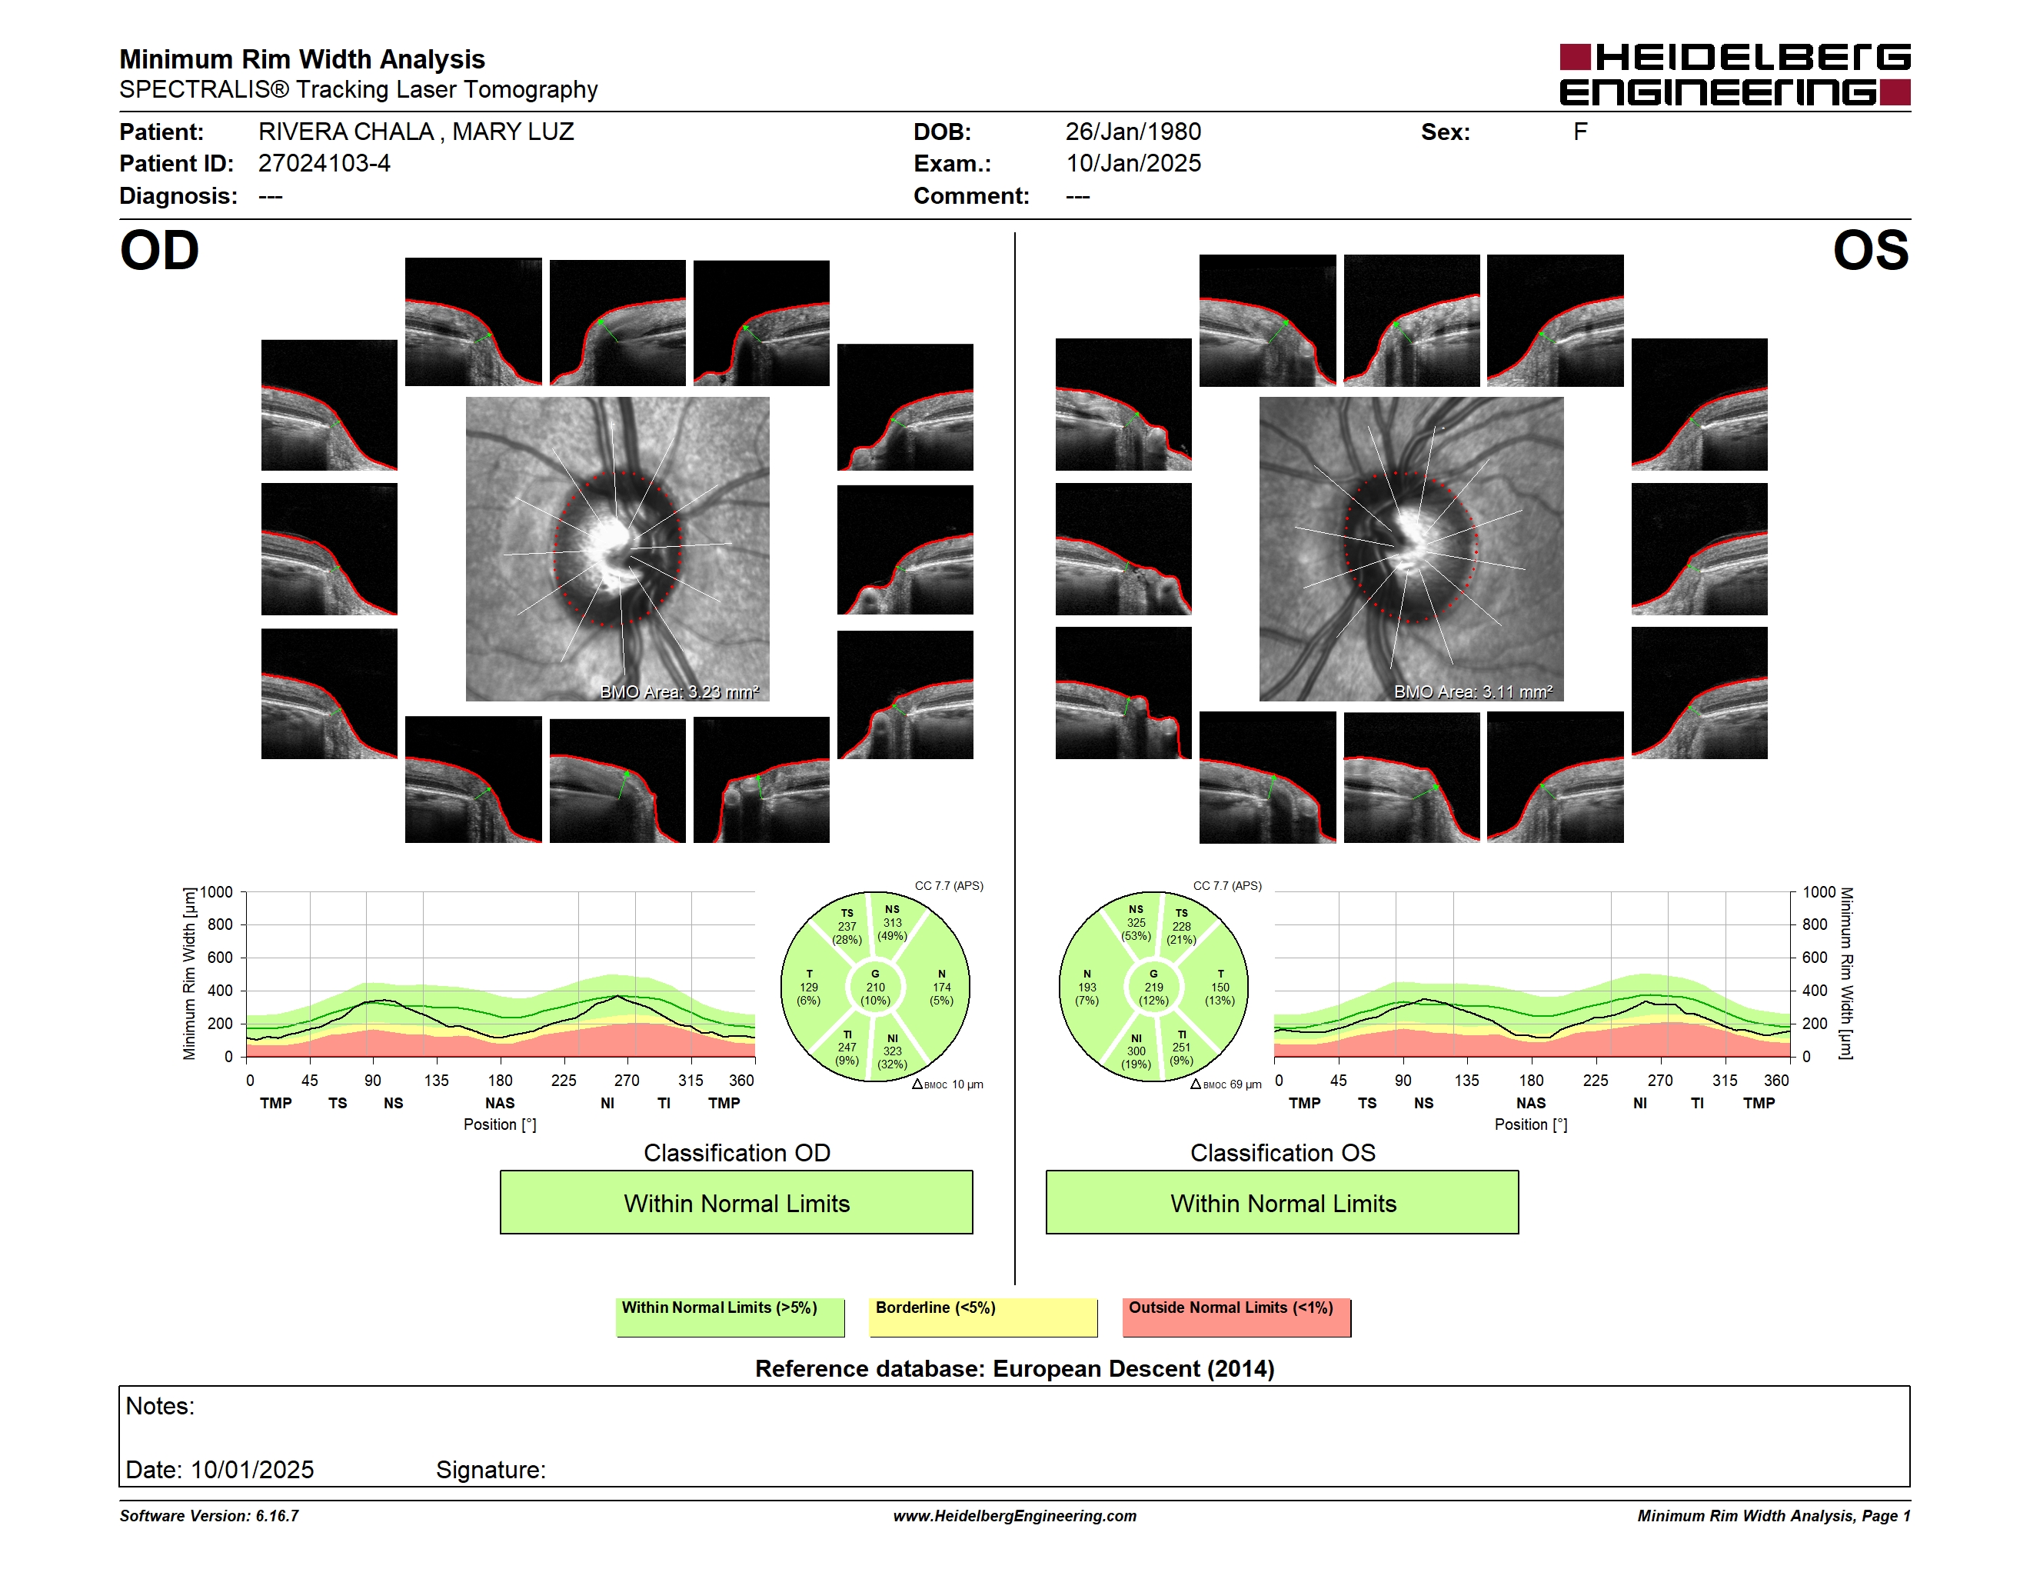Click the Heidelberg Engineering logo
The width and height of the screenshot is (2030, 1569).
pos(1735,75)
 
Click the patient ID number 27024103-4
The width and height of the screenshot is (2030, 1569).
pos(324,164)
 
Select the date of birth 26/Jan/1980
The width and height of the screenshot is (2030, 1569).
pos(1133,132)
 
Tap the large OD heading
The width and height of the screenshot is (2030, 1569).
pos(160,251)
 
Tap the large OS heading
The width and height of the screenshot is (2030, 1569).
pos(1870,251)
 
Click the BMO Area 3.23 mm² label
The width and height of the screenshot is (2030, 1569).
pos(680,691)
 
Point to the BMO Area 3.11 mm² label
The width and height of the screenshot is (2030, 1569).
pos(1473,691)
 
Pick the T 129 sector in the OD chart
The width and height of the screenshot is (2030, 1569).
pos(809,987)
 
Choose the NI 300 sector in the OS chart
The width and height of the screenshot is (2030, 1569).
pos(1136,1051)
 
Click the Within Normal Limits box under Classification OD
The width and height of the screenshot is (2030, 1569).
pos(736,1203)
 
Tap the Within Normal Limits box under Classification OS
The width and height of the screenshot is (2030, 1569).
pos(1283,1203)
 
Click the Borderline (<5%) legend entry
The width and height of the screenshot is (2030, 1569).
pos(983,1317)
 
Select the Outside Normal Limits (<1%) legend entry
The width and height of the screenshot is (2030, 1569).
pos(1236,1317)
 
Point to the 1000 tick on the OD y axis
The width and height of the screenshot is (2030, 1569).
pos(217,892)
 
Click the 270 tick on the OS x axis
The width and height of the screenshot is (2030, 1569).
pos(1660,1080)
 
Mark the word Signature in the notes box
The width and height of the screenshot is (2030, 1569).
pos(491,1471)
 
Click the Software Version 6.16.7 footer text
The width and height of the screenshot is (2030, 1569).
pos(209,1516)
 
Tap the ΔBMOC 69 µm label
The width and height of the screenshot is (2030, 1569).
pos(1226,1084)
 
